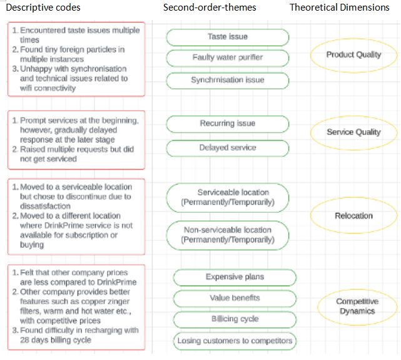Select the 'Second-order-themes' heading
click(x=209, y=8)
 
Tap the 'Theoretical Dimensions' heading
click(x=340, y=8)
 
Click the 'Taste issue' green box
click(x=227, y=37)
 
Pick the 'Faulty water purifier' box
click(x=227, y=58)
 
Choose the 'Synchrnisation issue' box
click(x=227, y=80)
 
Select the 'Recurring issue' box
click(x=227, y=123)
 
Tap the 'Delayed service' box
click(x=227, y=148)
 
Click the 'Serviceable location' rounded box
click(x=227, y=197)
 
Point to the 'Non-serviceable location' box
click(x=227, y=235)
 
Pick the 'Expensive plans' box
click(x=235, y=277)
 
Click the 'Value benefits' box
click(x=235, y=298)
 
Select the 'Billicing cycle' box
click(x=235, y=319)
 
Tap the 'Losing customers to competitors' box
click(x=235, y=341)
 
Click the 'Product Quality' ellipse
click(x=353, y=55)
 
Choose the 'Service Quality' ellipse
click(x=353, y=132)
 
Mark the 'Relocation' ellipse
click(x=353, y=216)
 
